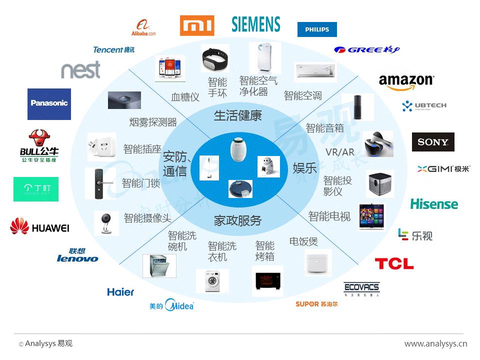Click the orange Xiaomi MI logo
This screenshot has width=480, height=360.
coord(197,25)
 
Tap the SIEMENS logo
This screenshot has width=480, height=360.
coord(256,24)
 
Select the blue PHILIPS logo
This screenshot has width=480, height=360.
coord(317,29)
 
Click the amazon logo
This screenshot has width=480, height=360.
coord(406,82)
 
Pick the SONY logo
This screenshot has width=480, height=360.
coord(433,142)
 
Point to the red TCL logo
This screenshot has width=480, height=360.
coord(394,263)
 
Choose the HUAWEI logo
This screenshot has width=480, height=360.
coord(40,227)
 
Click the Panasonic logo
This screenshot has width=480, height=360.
coord(49,103)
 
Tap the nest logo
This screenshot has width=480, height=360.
coord(80,70)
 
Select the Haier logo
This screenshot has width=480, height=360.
coord(120,291)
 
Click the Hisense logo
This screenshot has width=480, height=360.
coord(434,204)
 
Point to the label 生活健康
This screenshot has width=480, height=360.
coord(238,116)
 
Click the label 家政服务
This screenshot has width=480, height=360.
coord(238,220)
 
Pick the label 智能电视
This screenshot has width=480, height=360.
coord(329,216)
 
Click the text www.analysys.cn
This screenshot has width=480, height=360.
coord(435,343)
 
